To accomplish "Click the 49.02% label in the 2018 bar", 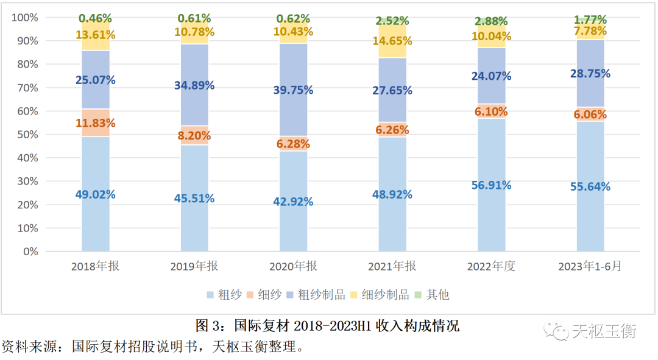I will pos(95,195).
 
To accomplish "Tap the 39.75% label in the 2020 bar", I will pos(294,90).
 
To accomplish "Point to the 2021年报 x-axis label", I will pos(392,267).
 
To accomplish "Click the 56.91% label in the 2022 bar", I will pos(491,185).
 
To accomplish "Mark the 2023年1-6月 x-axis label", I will pos(590,267).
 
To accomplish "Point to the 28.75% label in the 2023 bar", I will pos(590,73).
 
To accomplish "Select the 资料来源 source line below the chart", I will pos(152,347).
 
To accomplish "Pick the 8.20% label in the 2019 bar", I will pos(194,136).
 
